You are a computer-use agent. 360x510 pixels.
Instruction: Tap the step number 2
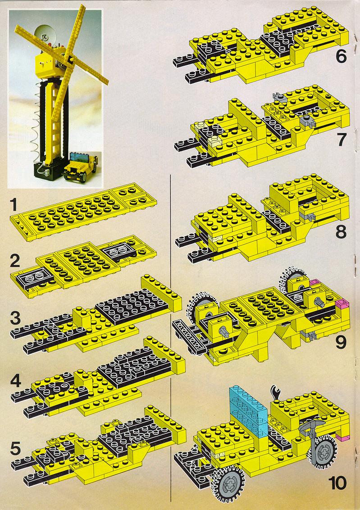(x=15, y=260)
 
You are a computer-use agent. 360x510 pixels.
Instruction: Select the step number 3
(x=15, y=318)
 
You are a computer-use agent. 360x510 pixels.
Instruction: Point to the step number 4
(x=16, y=381)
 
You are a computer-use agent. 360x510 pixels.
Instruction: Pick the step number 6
(x=341, y=57)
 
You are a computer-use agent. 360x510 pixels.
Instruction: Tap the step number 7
(x=341, y=140)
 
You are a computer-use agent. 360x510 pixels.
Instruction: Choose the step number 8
(x=341, y=232)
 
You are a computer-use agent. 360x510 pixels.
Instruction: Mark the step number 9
(x=341, y=342)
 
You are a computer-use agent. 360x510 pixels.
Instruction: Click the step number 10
(x=337, y=483)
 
